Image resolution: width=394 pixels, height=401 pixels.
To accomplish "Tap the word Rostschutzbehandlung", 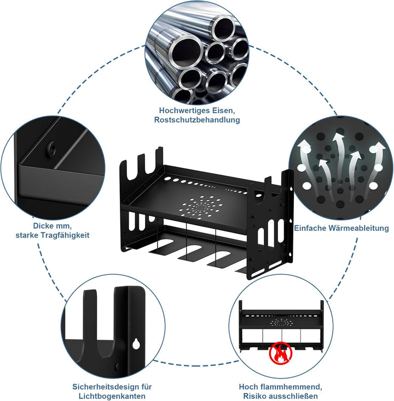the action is [x=197, y=120].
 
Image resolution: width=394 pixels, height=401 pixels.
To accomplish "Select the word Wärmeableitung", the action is [x=358, y=228].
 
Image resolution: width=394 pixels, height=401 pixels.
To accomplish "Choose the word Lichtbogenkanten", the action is [x=112, y=396].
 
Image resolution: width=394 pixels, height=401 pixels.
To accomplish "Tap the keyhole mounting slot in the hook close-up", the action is [x=136, y=344].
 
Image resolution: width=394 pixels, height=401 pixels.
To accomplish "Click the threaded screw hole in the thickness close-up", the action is [x=52, y=148].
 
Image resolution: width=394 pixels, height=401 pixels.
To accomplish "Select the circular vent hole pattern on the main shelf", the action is [x=201, y=206].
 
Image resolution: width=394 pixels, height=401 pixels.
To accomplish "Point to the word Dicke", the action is [x=42, y=226].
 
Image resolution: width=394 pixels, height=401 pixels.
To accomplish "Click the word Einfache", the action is [x=310, y=228].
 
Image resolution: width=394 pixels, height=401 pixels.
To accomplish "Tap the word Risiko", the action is [x=253, y=396].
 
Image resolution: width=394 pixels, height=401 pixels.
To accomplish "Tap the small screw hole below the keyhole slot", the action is [x=118, y=367].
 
